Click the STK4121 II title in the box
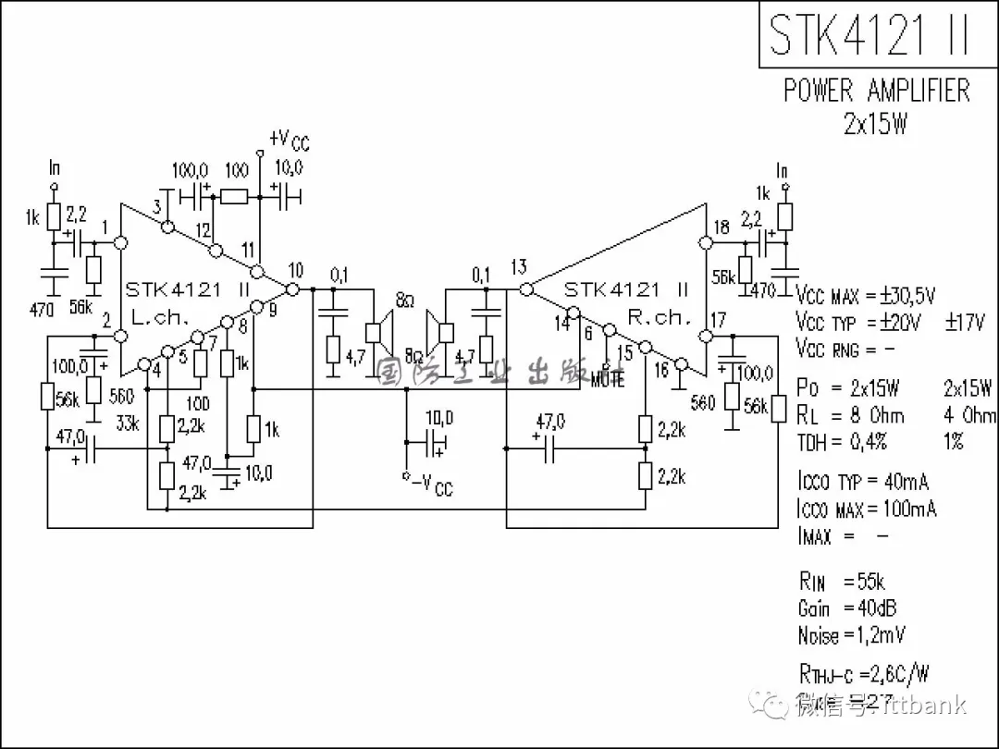(x=869, y=34)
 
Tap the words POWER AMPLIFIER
(x=877, y=91)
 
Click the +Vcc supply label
(x=289, y=140)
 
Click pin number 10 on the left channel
(x=295, y=270)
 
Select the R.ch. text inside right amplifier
(x=660, y=316)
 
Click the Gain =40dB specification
(x=846, y=608)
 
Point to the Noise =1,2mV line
(x=851, y=635)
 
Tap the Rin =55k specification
(x=842, y=582)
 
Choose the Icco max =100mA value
(x=866, y=509)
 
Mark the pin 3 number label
(x=157, y=206)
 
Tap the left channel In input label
(x=55, y=168)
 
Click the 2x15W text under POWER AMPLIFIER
(x=875, y=124)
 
